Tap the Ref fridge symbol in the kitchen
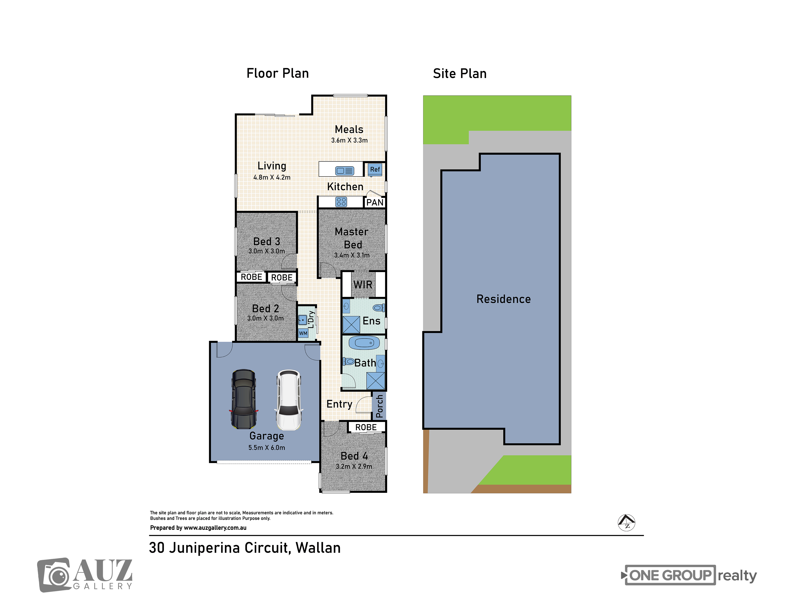pos(375,169)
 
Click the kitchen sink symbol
pos(344,171)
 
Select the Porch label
pos(379,406)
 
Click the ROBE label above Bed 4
pos(366,428)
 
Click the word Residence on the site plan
pos(504,299)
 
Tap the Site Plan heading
pos(460,74)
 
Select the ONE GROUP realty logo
pos(689,575)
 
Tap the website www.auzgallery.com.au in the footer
pos(215,528)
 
